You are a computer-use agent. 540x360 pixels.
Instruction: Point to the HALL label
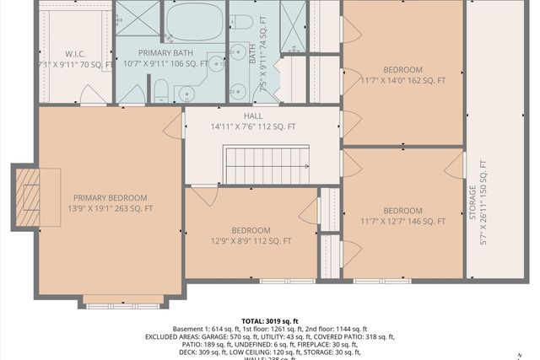point(253,116)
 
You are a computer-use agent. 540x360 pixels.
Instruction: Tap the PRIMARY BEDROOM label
point(110,197)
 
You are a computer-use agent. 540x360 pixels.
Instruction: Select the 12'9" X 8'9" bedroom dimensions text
point(251,241)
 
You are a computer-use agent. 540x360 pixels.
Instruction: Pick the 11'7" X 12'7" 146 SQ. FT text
point(402,222)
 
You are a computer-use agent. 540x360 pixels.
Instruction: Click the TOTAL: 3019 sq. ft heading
point(270,321)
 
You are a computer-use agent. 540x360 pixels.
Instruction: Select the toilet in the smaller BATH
point(239,24)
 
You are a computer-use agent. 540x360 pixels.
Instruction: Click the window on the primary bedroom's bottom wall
point(125,299)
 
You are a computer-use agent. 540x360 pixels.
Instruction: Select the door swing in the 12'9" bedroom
point(202,197)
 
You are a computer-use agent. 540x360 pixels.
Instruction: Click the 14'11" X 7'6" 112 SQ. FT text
point(253,127)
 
